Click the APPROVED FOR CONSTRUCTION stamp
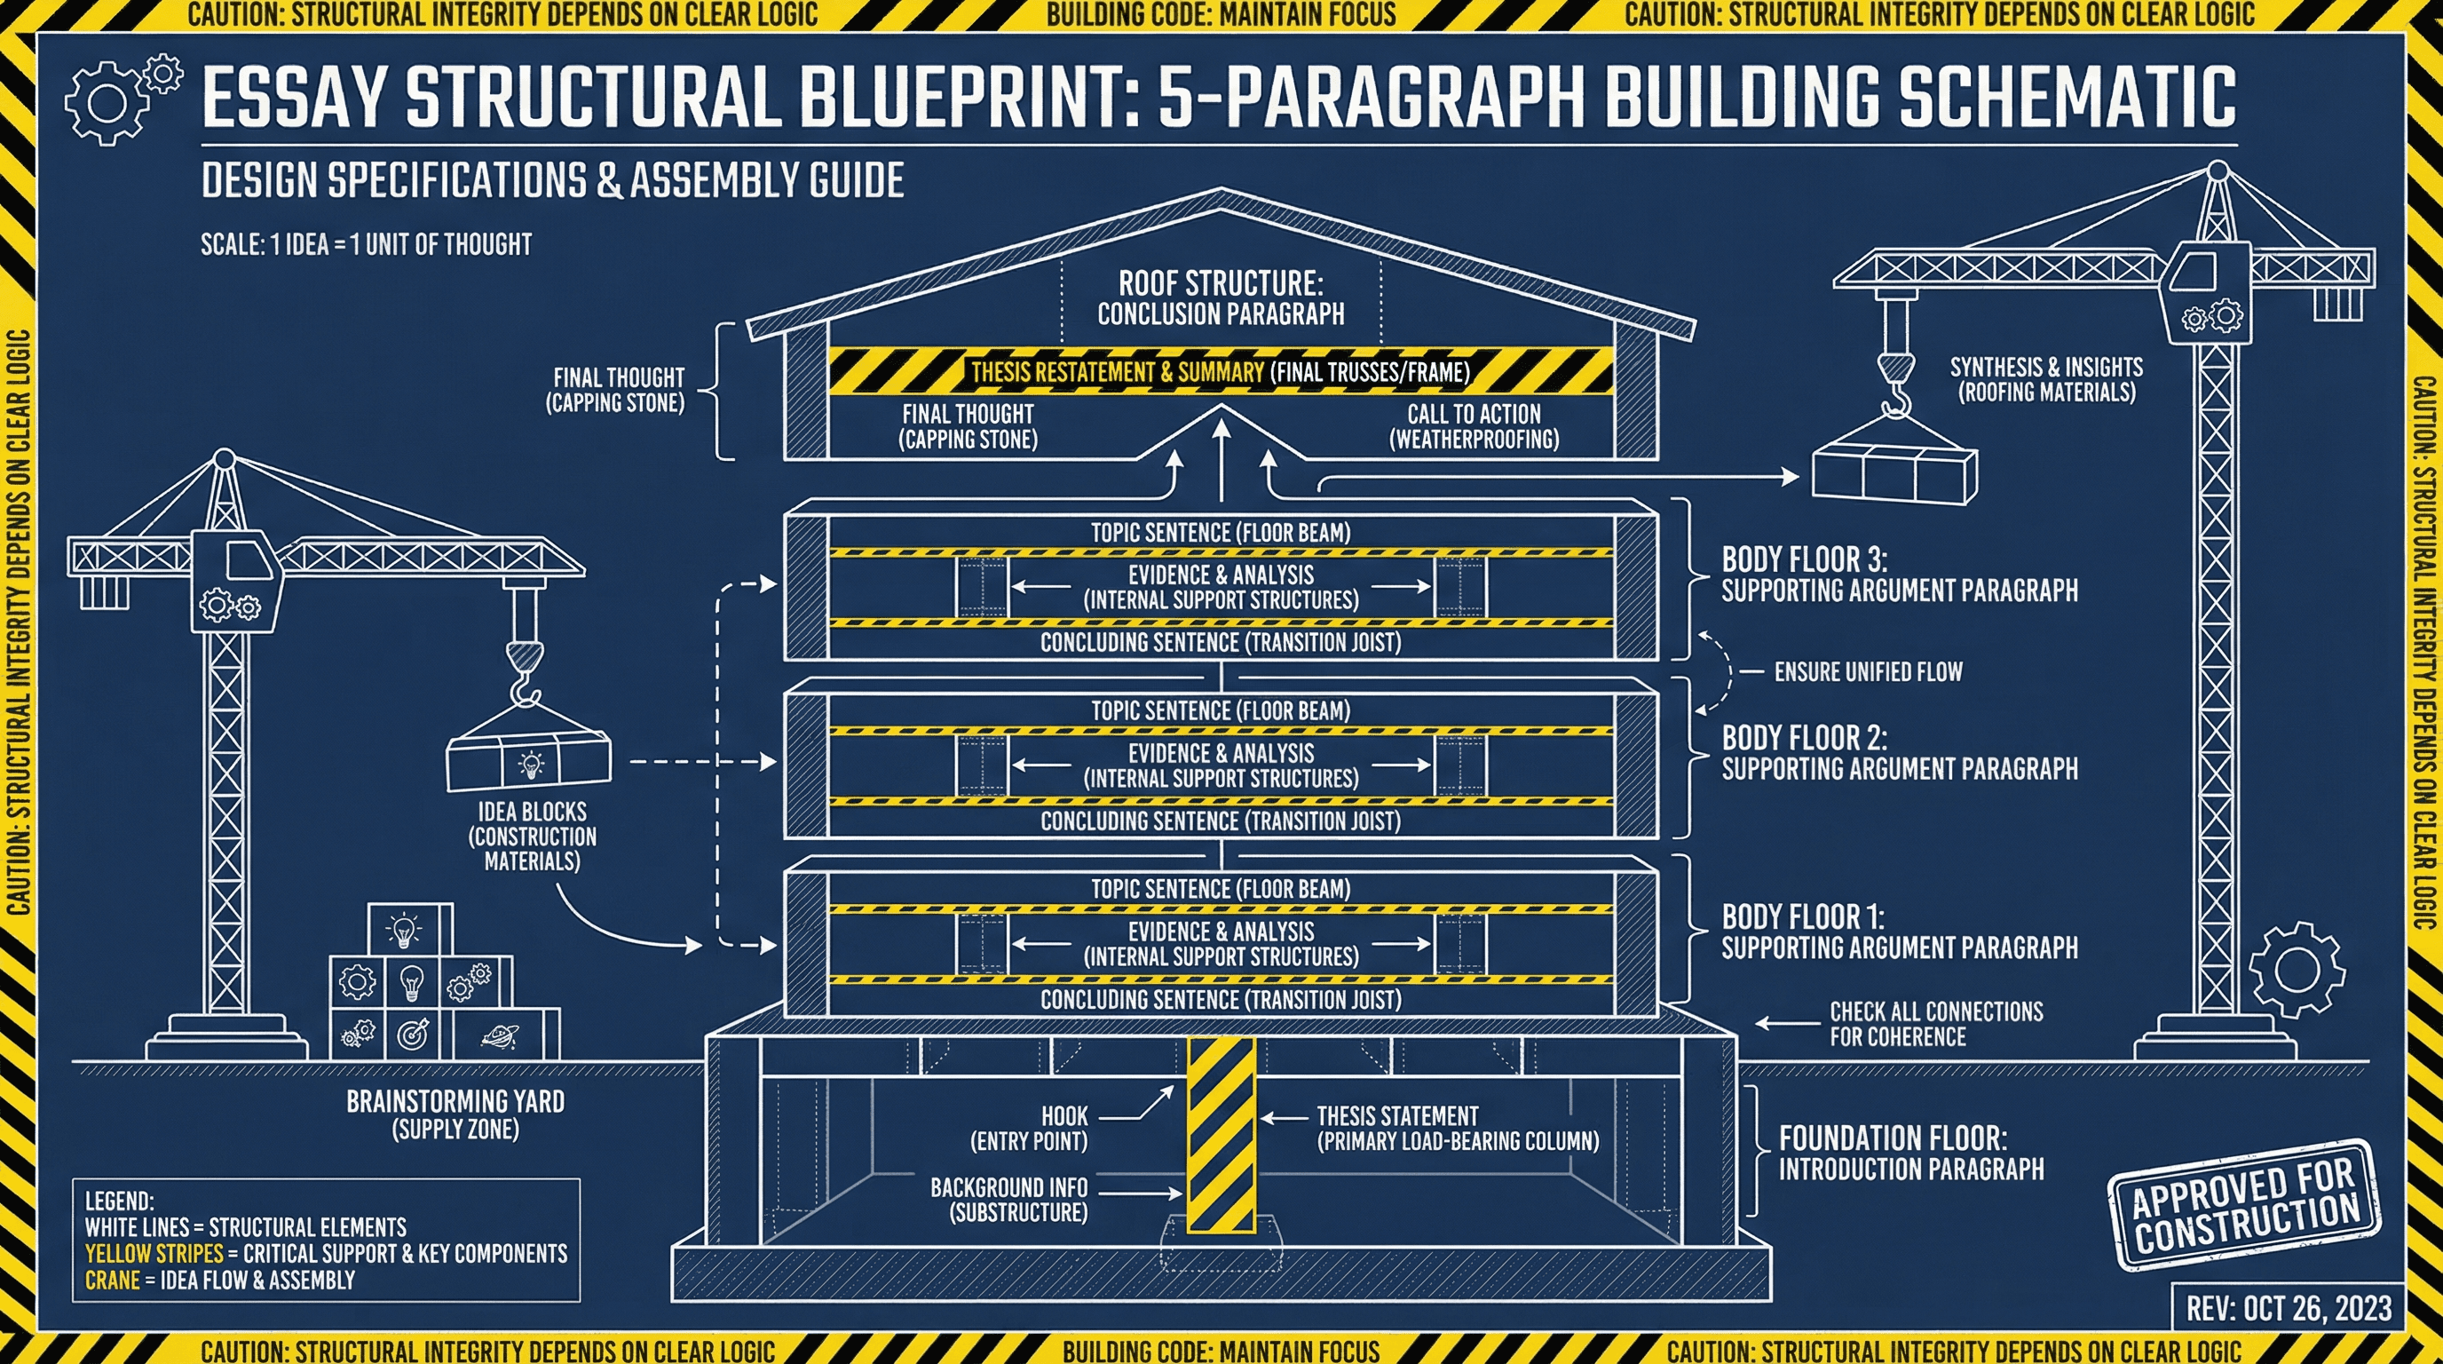pos(2244,1203)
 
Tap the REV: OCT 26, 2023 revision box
pos(2289,1308)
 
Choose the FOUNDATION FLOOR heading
pos(1892,1138)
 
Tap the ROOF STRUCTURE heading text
pos(1221,283)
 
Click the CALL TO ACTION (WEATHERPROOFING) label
pos(1474,426)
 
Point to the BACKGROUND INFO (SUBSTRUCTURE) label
pos(1009,1199)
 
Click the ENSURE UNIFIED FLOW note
pos(1868,671)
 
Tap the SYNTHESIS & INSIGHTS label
pos(2045,379)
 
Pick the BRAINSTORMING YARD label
pos(455,1114)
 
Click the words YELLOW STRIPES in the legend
pos(154,1253)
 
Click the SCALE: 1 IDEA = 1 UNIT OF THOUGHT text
pos(366,245)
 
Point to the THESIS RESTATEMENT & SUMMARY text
pos(1116,372)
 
